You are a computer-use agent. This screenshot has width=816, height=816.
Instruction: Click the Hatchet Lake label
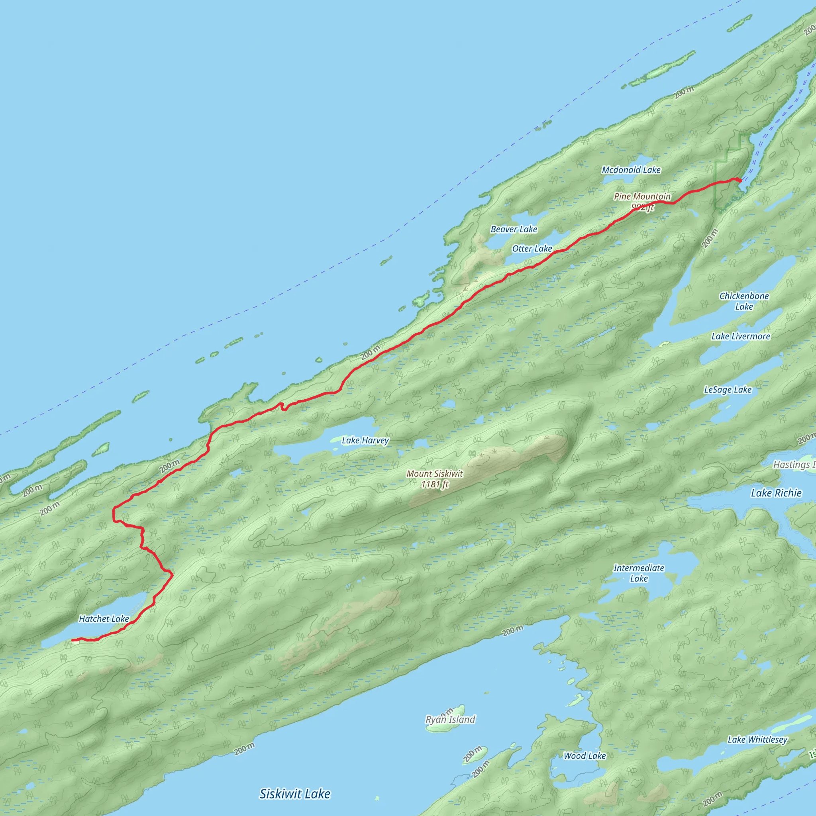pyautogui.click(x=104, y=619)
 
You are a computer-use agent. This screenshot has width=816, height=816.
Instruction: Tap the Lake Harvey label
pyautogui.click(x=365, y=441)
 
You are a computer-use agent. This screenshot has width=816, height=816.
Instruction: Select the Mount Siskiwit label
pyautogui.click(x=435, y=474)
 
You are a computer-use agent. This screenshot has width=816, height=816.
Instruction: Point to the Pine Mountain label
pyautogui.click(x=642, y=196)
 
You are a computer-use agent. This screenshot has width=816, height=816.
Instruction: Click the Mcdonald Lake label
pyautogui.click(x=631, y=170)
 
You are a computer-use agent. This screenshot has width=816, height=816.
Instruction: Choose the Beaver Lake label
pyautogui.click(x=514, y=229)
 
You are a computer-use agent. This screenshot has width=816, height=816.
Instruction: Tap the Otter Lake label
pyautogui.click(x=532, y=249)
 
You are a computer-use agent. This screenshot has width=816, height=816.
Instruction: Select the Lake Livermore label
pyautogui.click(x=740, y=336)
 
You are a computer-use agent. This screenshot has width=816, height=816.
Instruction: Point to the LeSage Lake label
pyautogui.click(x=727, y=389)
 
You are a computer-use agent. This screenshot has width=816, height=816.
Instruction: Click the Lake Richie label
pyautogui.click(x=776, y=493)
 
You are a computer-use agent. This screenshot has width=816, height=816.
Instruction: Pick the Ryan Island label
pyautogui.click(x=450, y=719)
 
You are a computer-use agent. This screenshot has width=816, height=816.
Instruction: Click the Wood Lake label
pyautogui.click(x=585, y=755)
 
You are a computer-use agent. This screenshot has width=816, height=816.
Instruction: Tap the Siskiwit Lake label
pyautogui.click(x=295, y=794)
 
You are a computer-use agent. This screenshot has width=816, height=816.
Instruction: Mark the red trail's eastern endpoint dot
pyautogui.click(x=739, y=181)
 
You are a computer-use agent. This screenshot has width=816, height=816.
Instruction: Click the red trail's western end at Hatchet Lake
pyautogui.click(x=73, y=641)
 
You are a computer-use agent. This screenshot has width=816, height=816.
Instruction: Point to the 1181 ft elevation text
pyautogui.click(x=435, y=484)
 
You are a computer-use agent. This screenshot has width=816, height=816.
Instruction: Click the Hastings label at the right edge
pyautogui.click(x=793, y=465)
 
